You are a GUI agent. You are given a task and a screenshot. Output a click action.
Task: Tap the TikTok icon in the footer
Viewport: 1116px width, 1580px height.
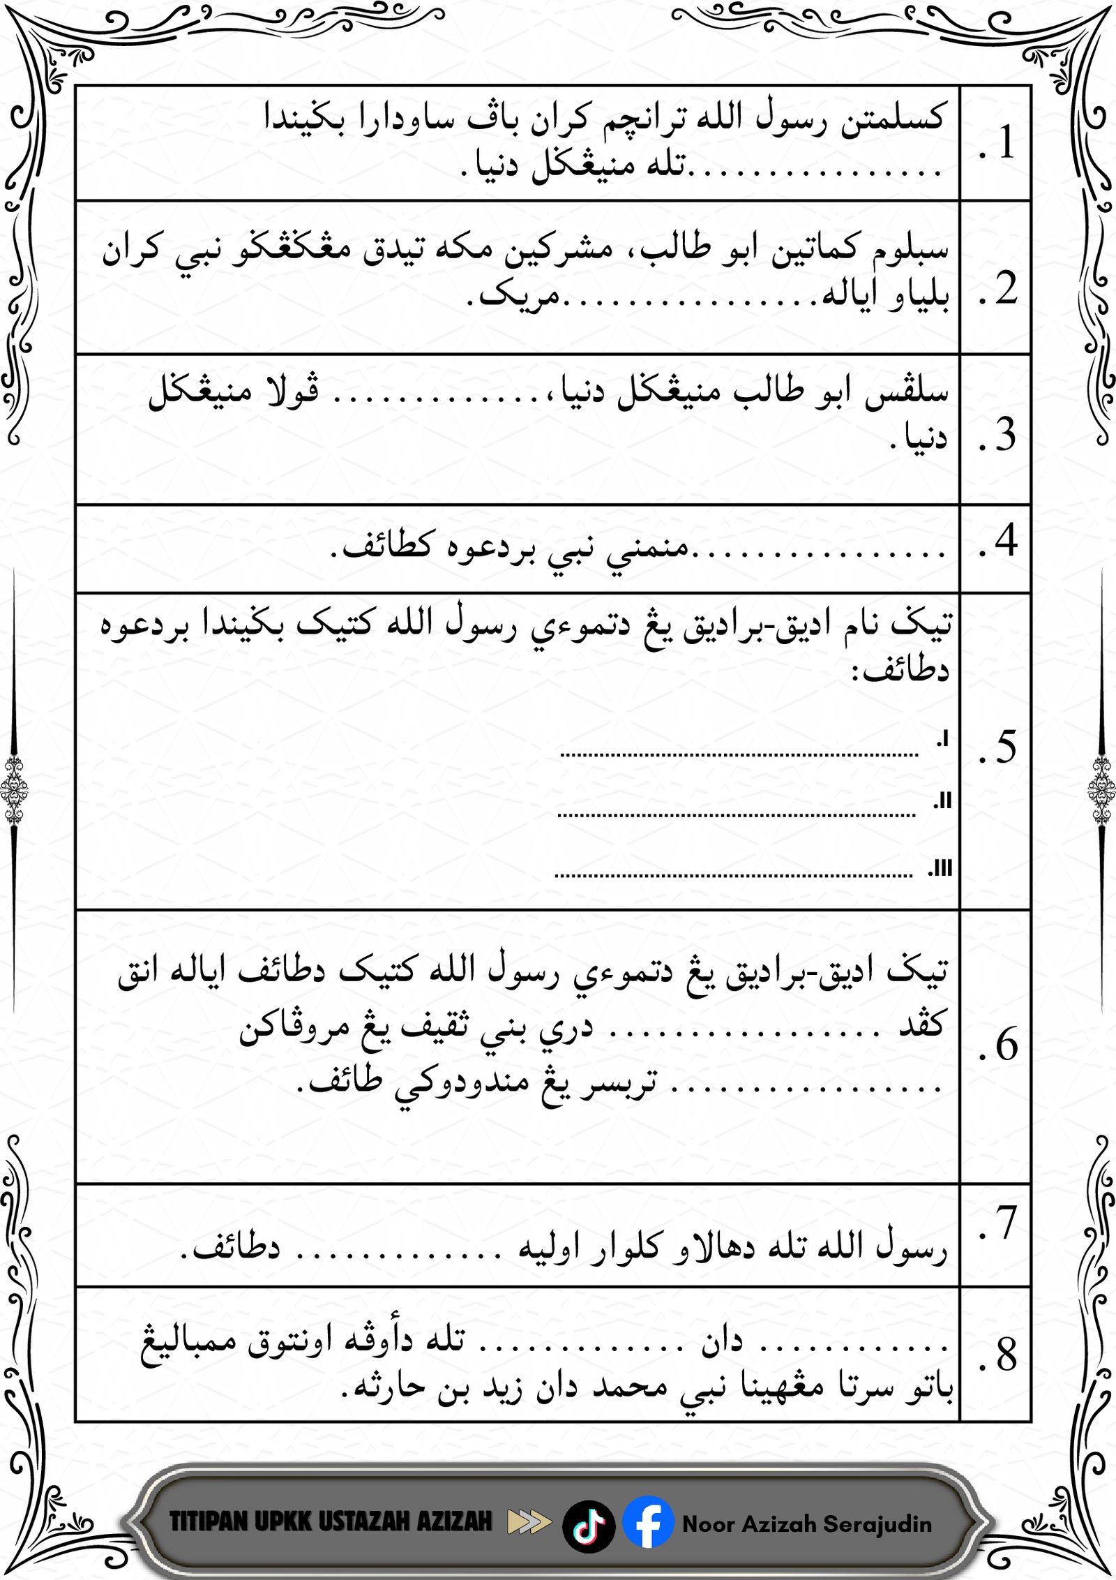pos(589,1526)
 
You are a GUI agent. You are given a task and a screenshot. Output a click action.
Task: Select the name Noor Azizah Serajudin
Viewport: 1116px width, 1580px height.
pos(807,1523)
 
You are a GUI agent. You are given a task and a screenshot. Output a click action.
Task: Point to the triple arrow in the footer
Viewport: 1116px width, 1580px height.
pos(529,1522)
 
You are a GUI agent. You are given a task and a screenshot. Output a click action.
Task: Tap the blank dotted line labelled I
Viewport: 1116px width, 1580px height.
pos(739,754)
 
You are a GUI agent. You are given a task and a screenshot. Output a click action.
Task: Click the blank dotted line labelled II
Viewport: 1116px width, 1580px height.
pos(737,814)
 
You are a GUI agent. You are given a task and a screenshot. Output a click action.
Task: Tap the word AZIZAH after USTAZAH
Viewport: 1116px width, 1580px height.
pos(454,1521)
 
